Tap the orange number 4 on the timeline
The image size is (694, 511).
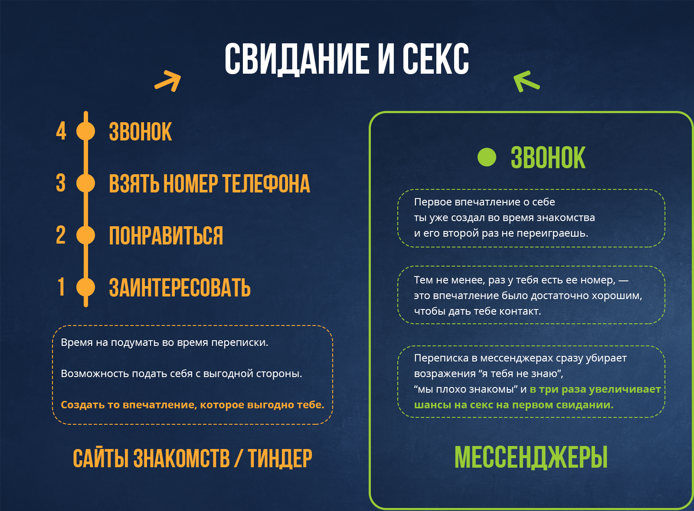(61, 131)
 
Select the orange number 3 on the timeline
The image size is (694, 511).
(61, 183)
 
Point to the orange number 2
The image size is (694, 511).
(61, 235)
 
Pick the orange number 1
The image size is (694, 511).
(61, 287)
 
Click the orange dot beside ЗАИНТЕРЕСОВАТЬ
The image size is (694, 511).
(85, 287)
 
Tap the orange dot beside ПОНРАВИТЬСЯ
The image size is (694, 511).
(85, 235)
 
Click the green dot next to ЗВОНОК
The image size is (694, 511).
(487, 157)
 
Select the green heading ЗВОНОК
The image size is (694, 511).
(548, 158)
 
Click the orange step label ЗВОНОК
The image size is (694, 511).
(141, 131)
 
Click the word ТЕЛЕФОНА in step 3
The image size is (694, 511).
(266, 183)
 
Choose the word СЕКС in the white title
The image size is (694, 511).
(435, 59)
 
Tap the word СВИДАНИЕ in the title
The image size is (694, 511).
(297, 59)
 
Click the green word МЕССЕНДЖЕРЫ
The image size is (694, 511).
(531, 457)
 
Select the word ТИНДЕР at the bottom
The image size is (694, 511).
(280, 458)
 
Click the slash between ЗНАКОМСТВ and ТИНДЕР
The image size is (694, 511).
(239, 458)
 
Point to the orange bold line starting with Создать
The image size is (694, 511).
(193, 404)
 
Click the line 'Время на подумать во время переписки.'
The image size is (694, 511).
(164, 342)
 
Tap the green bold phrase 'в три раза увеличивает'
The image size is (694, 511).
(595, 389)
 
